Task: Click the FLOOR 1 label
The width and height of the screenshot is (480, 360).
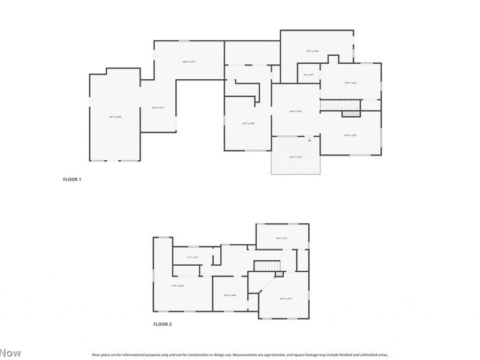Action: click(x=72, y=179)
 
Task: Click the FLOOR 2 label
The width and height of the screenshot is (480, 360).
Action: click(x=163, y=324)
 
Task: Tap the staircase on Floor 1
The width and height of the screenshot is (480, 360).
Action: click(x=340, y=106)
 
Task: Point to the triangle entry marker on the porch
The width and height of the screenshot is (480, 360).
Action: click(x=310, y=140)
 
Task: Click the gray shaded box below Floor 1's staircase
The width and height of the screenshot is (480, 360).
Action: click(x=350, y=113)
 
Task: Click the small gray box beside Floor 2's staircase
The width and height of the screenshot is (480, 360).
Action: click(x=278, y=274)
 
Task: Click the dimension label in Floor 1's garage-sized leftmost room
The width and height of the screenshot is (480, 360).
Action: click(x=115, y=117)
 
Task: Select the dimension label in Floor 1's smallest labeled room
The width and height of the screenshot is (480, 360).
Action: click(x=309, y=74)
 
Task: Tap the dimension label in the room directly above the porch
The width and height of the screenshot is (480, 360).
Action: click(x=296, y=111)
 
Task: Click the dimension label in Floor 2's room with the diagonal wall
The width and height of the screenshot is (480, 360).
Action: click(x=285, y=298)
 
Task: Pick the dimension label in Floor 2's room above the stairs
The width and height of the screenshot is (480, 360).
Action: click(x=282, y=238)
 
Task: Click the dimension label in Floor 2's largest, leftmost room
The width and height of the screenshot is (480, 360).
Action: click(x=178, y=286)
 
